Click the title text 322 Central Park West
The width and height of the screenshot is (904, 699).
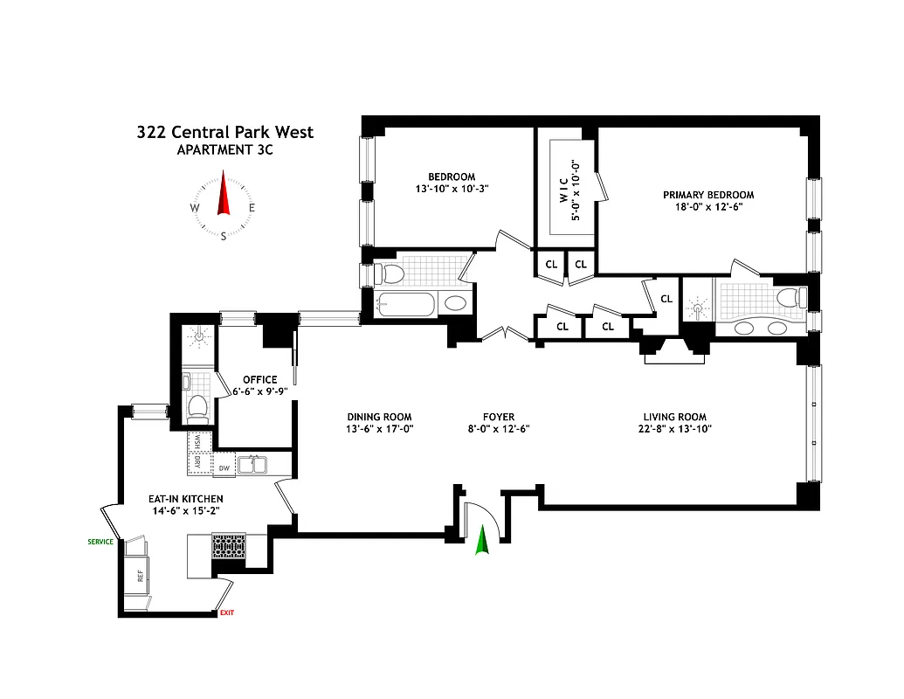(224, 133)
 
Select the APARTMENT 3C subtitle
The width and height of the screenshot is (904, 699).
(224, 150)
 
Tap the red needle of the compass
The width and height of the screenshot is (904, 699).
(223, 195)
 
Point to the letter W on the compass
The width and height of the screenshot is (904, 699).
(193, 208)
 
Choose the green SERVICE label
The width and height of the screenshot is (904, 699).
(100, 542)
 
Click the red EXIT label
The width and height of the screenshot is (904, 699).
(227, 612)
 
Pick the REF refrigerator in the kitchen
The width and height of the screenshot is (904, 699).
(138, 576)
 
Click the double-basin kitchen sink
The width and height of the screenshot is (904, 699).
(252, 465)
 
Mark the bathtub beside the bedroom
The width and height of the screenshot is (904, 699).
(406, 305)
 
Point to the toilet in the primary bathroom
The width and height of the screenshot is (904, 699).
(791, 298)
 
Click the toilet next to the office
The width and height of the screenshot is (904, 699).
(197, 407)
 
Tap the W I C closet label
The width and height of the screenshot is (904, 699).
(564, 190)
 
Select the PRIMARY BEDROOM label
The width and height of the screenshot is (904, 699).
(707, 195)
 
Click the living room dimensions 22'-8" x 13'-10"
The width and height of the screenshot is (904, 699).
(674, 429)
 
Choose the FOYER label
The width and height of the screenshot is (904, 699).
(499, 417)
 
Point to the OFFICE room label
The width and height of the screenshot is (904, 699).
(259, 379)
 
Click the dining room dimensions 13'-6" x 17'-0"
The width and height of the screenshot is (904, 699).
(378, 429)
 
